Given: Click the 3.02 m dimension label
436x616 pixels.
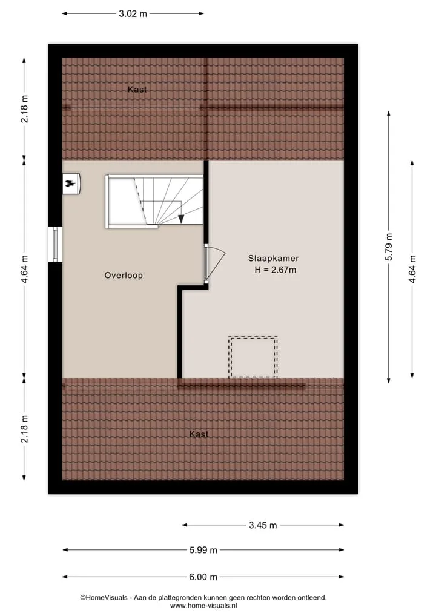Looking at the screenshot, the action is pos(133,14).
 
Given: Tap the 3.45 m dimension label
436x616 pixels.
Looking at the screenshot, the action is pos(263,525).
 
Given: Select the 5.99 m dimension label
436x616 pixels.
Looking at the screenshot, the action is pos(203,550).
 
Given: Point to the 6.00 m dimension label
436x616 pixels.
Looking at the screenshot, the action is pos(203,577).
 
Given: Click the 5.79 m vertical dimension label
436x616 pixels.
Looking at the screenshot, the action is pos(389,247).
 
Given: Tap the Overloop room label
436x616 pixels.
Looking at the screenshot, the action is pos(124,276).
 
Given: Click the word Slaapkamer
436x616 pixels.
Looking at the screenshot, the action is pos(273,259).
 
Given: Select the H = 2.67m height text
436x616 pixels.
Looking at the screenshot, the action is pos(276,270).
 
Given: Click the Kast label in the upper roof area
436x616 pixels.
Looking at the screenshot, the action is pos(137,90).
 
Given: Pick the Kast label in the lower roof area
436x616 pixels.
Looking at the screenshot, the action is pos(199,434).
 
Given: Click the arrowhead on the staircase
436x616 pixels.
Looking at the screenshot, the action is pos(180,219).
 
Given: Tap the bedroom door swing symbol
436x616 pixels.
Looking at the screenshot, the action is pos(214,263).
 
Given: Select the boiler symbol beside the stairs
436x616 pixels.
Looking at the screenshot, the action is pos(71,184).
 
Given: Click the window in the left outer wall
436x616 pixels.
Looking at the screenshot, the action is pos(55,244).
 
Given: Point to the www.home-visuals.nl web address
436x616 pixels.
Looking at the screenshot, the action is pos(203,606).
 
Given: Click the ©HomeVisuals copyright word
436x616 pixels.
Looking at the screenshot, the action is pos(104,598).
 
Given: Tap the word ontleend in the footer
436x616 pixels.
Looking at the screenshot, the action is pos(312,598).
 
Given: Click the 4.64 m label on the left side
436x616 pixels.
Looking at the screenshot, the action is pos(24,269).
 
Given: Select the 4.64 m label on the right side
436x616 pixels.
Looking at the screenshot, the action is pos(412,269).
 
